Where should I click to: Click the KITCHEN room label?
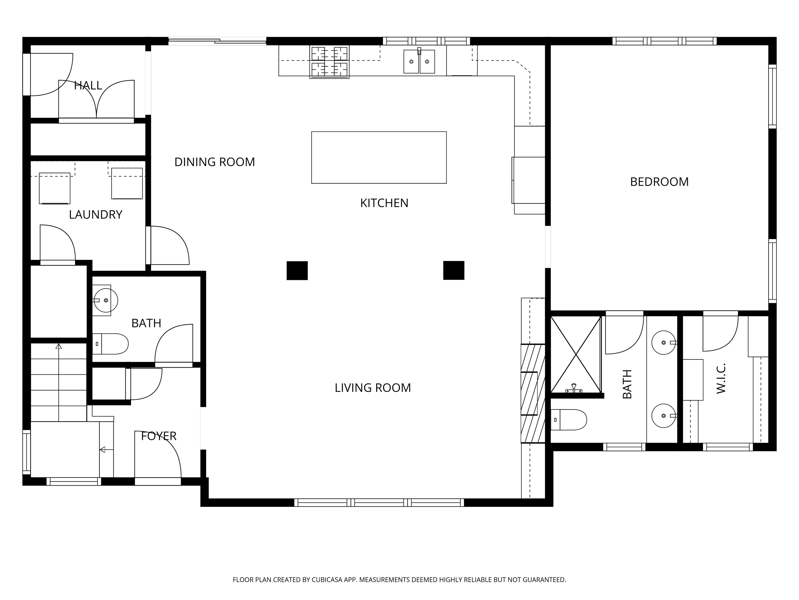pyautogui.click(x=384, y=203)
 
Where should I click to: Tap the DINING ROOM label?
pyautogui.click(x=215, y=162)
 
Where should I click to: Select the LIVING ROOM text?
pyautogui.click(x=373, y=388)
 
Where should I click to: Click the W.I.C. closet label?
pyautogui.click(x=721, y=379)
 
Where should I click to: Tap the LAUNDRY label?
pyautogui.click(x=96, y=215)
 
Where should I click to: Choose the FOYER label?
pyautogui.click(x=159, y=436)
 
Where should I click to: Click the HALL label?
pyautogui.click(x=88, y=86)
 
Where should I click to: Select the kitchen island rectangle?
pyautogui.click(x=379, y=157)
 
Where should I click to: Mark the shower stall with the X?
pyautogui.click(x=576, y=354)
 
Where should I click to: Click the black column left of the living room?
pyautogui.click(x=297, y=271)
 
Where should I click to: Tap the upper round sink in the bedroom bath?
pyautogui.click(x=663, y=342)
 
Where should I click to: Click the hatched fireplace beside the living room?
pyautogui.click(x=533, y=393)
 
